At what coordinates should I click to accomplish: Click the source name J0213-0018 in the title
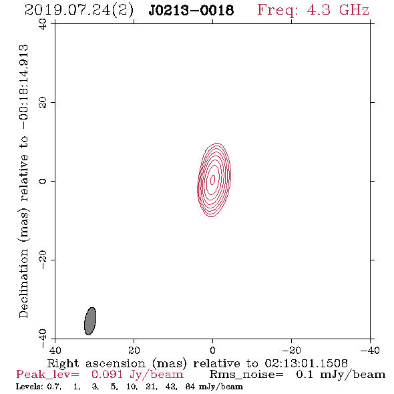(191, 10)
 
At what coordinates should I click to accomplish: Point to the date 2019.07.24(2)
(79, 11)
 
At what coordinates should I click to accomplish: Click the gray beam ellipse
(90, 321)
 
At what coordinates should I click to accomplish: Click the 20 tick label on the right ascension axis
(134, 350)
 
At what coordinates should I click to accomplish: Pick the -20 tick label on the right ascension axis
(291, 350)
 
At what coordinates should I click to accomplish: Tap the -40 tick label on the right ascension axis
(370, 350)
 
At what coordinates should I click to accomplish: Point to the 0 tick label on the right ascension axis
(212, 350)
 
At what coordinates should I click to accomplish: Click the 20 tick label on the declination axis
(43, 103)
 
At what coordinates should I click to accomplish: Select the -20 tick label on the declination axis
(43, 260)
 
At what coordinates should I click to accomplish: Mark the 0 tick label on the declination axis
(43, 181)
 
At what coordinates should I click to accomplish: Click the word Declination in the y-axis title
(23, 283)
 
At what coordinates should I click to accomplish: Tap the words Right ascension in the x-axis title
(96, 363)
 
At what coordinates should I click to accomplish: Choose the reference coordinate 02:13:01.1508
(306, 363)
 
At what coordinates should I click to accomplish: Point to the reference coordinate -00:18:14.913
(24, 87)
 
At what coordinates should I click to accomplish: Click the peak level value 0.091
(107, 375)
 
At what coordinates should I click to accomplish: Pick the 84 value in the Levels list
(190, 386)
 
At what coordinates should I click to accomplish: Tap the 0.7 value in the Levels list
(54, 387)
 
